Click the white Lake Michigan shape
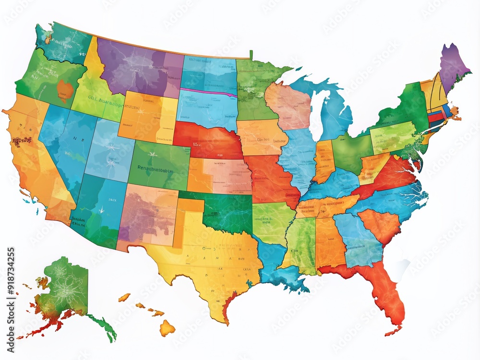click(x=316, y=115)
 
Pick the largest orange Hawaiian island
click(x=167, y=328)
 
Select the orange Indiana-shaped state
click(x=324, y=161)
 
